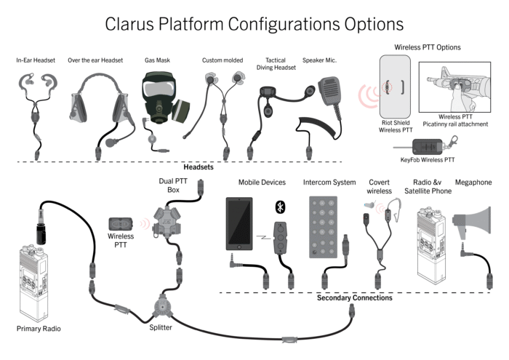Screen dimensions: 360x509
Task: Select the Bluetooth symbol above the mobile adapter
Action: pyautogui.click(x=280, y=207)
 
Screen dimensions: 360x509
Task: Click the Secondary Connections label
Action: pyautogui.click(x=354, y=298)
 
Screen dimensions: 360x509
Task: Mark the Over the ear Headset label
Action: pyautogui.click(x=95, y=60)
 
